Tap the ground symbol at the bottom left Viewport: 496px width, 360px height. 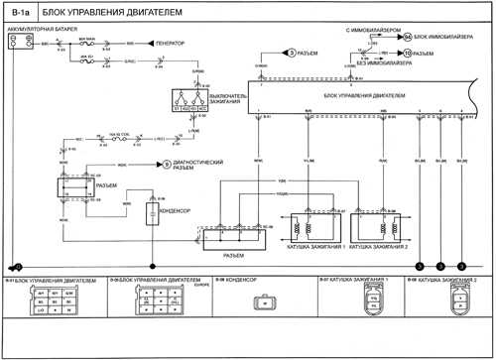[16, 267]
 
